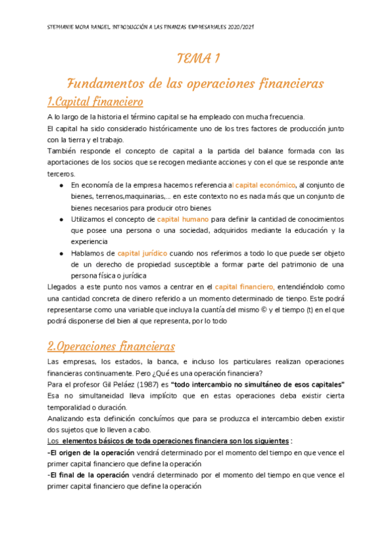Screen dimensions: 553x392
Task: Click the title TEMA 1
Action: [x=198, y=59]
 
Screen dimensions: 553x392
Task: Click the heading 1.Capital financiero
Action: [x=95, y=102]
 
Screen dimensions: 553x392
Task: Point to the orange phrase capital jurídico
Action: [x=142, y=253]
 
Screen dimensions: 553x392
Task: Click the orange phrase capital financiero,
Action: [x=244, y=286]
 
